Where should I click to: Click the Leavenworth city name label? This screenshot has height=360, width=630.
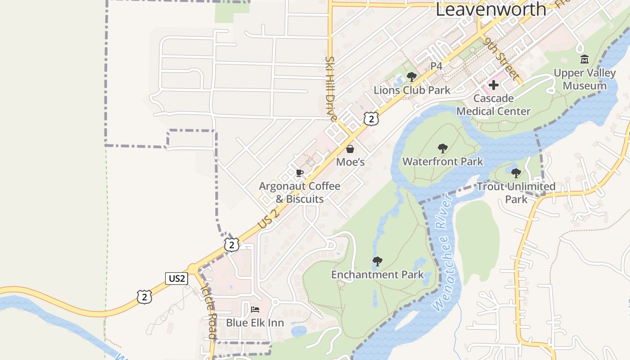click(490, 9)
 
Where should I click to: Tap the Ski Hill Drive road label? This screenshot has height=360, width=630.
click(331, 89)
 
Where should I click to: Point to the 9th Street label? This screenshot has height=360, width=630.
click(502, 58)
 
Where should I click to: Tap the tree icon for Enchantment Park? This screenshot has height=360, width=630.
click(378, 261)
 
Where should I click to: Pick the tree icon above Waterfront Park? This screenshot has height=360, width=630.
click(443, 148)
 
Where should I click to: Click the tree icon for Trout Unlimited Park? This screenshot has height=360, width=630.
click(516, 173)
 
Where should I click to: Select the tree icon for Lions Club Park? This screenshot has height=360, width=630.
click(411, 77)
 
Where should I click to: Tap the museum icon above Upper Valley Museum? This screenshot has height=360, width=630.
click(585, 59)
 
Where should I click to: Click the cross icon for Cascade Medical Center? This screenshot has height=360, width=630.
click(494, 85)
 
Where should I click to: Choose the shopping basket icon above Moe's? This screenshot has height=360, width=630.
click(350, 149)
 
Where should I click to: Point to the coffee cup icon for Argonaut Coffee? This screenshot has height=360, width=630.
click(300, 173)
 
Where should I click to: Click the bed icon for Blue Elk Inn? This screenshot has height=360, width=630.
click(255, 310)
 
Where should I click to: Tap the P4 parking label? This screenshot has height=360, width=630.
click(436, 66)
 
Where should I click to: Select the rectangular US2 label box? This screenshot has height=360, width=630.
click(176, 279)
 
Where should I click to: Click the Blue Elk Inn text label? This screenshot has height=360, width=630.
click(255, 323)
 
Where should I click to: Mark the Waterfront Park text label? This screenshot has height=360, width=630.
click(443, 161)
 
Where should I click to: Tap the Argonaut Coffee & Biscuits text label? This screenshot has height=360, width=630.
click(300, 192)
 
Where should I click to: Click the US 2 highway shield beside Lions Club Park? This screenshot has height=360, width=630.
click(371, 119)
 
